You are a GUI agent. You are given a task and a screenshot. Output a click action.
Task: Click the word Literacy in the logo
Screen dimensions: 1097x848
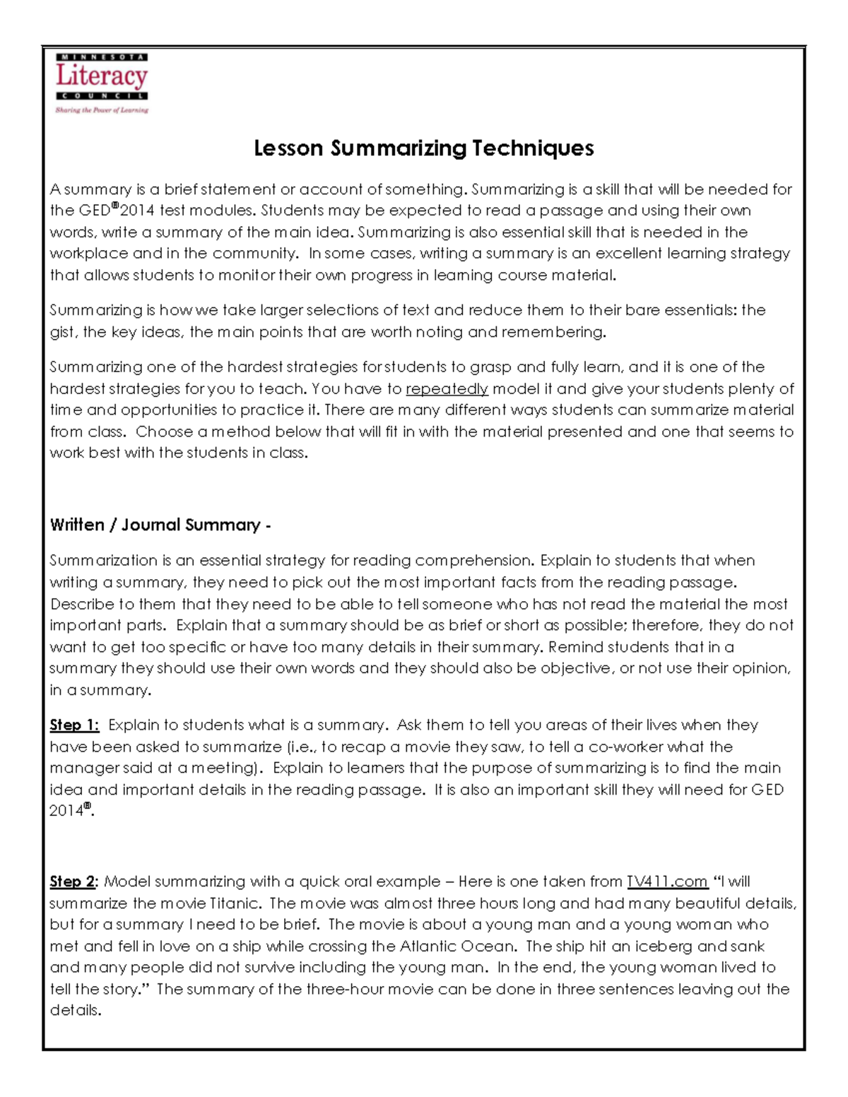pos(102,76)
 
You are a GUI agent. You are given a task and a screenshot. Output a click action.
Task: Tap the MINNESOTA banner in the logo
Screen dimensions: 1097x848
pos(102,57)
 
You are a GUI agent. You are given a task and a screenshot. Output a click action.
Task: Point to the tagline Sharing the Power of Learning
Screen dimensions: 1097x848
pos(102,110)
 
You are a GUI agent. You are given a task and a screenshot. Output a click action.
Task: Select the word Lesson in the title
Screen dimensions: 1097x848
pos(288,148)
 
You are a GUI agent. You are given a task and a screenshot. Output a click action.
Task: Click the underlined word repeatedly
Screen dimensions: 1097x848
pos(447,389)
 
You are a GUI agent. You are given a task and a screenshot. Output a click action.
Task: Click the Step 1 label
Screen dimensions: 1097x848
pos(74,725)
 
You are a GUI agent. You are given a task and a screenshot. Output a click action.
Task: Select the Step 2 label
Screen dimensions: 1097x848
pos(73,882)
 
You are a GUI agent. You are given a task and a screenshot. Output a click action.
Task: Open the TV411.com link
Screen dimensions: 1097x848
pos(667,882)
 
